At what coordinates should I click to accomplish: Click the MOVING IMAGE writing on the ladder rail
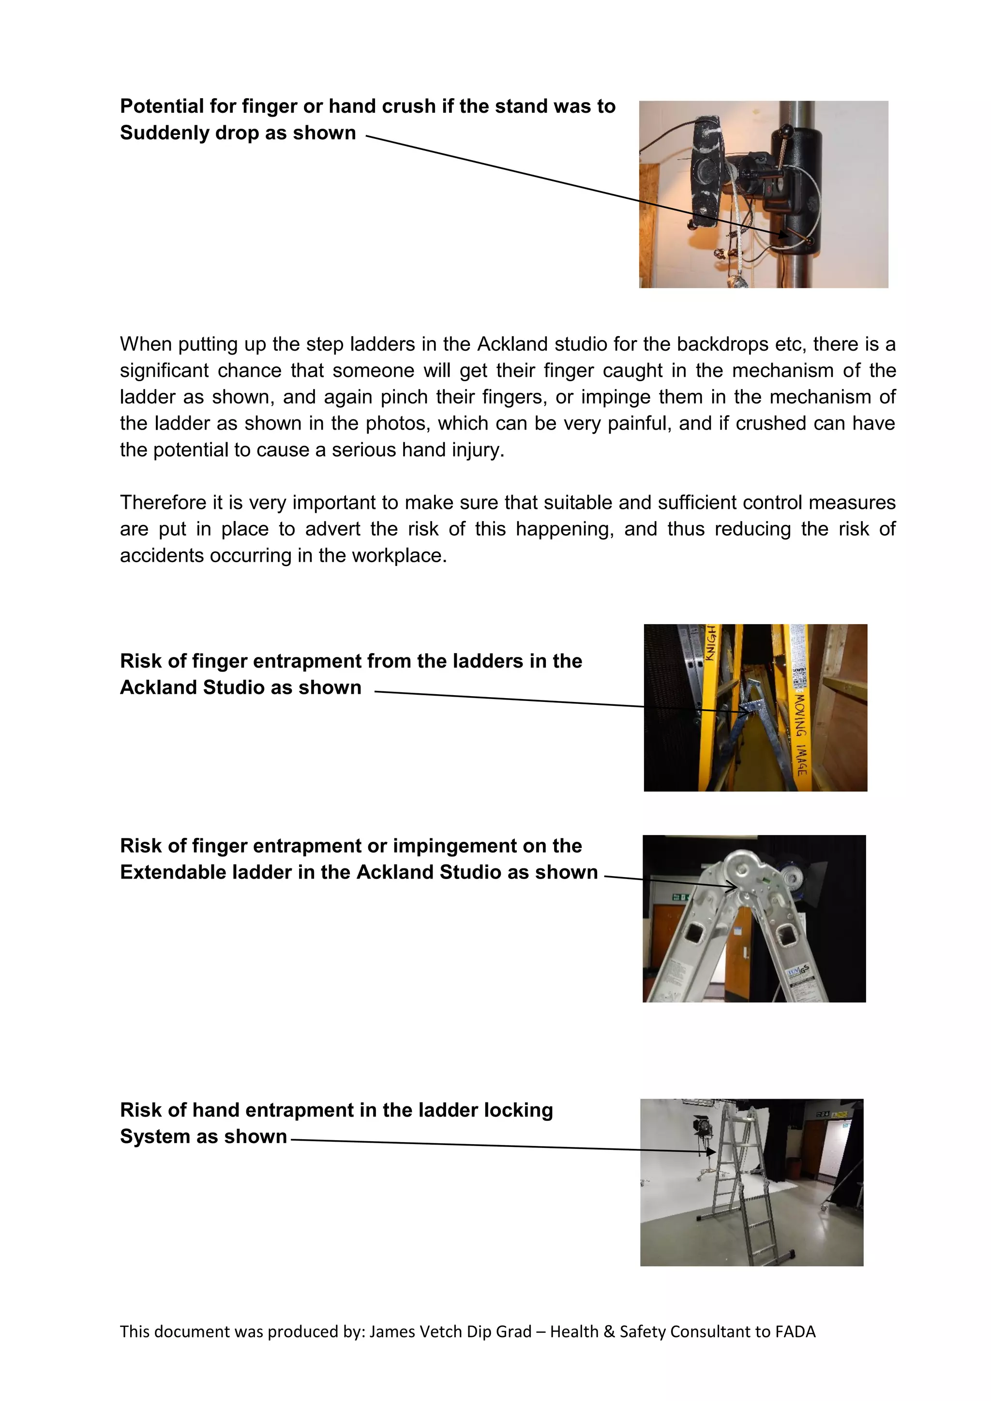pos(800,735)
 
